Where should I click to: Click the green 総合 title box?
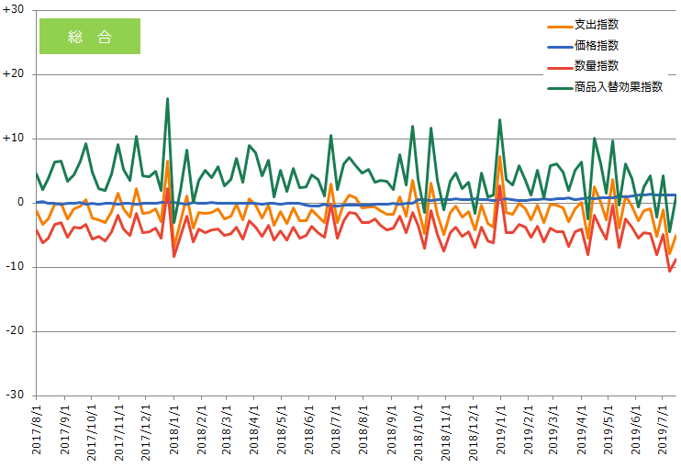pyautogui.click(x=90, y=37)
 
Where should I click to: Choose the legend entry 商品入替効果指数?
pyautogui.click(x=618, y=87)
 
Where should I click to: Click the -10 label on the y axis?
pyautogui.click(x=15, y=266)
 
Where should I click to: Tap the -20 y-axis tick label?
pyautogui.click(x=15, y=330)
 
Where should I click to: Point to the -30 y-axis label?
pyautogui.click(x=15, y=395)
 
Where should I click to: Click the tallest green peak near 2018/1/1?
pyautogui.click(x=167, y=98)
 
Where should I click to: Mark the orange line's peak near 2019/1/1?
pyautogui.click(x=499, y=156)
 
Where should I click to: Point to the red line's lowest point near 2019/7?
pyautogui.click(x=669, y=271)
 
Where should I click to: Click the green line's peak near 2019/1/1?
pyautogui.click(x=499, y=119)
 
